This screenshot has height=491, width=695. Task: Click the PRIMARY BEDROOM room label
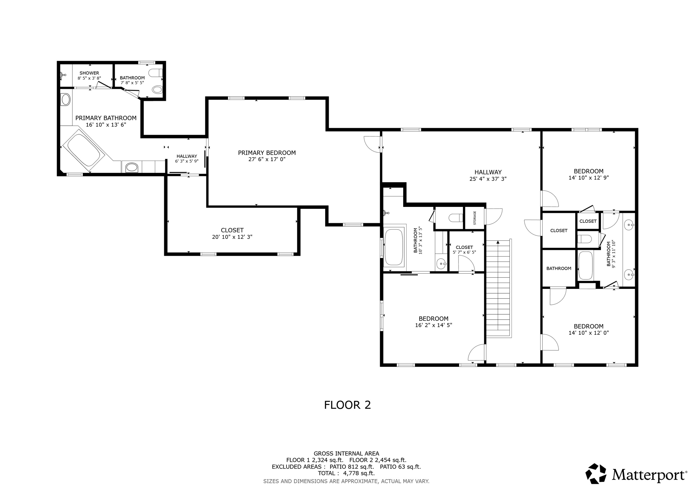click(267, 153)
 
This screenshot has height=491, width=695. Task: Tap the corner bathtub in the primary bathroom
click(84, 150)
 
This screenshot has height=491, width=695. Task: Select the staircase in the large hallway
click(498, 288)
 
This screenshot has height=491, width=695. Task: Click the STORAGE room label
click(475, 218)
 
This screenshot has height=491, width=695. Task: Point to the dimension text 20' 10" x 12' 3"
click(232, 237)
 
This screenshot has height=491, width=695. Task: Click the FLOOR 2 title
click(347, 405)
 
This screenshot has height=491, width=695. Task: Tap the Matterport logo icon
click(596, 473)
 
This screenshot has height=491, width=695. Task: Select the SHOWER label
click(89, 73)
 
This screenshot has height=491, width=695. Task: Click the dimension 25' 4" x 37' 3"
click(488, 179)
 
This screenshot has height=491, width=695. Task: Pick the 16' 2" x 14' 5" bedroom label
click(433, 319)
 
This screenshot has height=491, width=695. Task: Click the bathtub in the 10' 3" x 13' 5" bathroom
click(394, 247)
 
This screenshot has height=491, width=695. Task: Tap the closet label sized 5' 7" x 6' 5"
click(464, 247)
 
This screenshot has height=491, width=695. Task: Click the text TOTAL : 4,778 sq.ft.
click(346, 473)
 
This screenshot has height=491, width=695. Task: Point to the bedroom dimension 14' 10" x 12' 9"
click(588, 177)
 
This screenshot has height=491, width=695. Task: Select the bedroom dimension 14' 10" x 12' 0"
click(588, 333)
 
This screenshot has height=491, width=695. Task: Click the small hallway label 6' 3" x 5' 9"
click(187, 161)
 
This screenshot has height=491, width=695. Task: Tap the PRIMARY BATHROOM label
click(106, 118)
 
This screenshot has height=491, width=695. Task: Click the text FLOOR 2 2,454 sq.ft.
click(378, 460)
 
